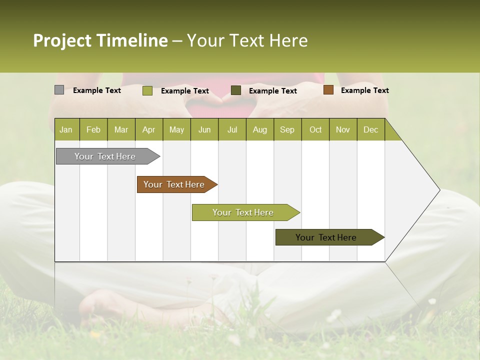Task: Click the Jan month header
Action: [66, 130]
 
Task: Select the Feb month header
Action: [93, 130]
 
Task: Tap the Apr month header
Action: [148, 130]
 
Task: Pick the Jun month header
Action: [204, 130]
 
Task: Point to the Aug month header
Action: [259, 130]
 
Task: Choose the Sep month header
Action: [287, 130]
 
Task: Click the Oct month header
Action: [315, 130]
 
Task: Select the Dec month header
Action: [370, 130]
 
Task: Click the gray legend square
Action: [59, 90]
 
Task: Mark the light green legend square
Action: [147, 90]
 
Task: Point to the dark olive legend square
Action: [236, 90]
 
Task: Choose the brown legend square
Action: [328, 90]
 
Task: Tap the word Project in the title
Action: [62, 40]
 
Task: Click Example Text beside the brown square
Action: [364, 90]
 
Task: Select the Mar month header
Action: [121, 130]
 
